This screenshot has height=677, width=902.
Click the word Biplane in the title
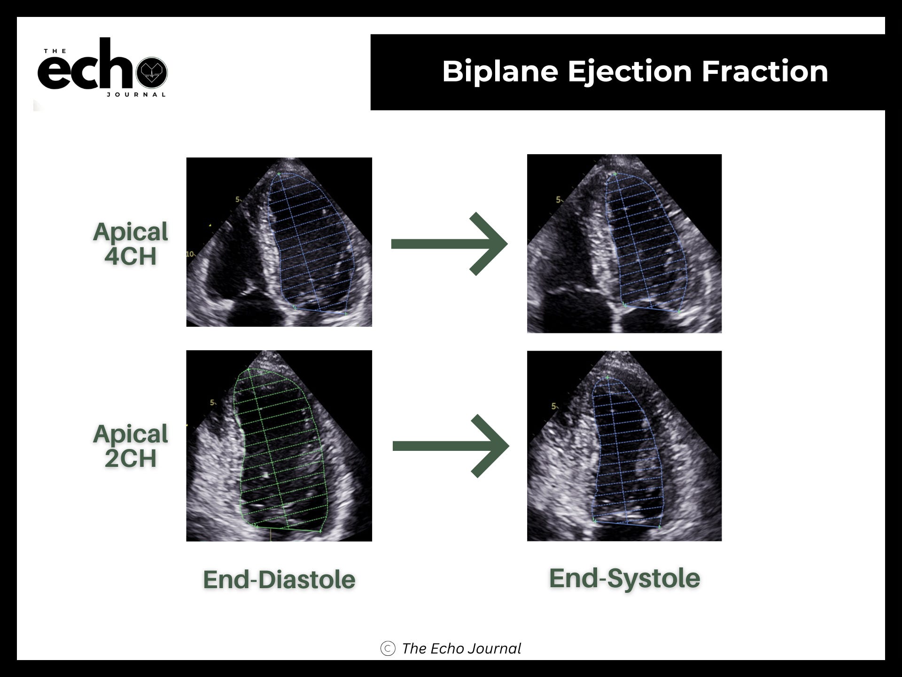pos(500,72)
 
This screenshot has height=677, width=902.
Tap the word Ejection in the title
pos(629,72)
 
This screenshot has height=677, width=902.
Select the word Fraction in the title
pos(764,71)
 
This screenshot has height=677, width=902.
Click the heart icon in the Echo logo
pos(152,72)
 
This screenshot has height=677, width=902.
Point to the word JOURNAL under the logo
pos(136,94)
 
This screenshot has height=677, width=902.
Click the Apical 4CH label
pos(130,244)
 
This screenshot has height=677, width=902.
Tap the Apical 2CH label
pos(130,446)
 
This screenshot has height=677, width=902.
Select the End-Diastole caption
pos(279,579)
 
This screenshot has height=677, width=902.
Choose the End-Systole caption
pos(624,578)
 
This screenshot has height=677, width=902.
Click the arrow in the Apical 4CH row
pos(449,244)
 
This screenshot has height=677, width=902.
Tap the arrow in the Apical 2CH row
pos(451,446)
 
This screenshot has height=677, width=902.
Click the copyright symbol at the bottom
pos(388,648)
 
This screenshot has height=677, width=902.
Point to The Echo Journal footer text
pos(461,648)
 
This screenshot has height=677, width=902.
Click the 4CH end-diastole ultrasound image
pos(279,242)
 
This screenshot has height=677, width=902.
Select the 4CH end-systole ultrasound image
pos(624,244)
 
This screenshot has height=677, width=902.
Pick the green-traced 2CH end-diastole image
pos(279,446)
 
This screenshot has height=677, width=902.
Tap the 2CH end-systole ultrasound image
pos(624,446)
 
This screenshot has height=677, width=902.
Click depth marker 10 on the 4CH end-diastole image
pos(190,254)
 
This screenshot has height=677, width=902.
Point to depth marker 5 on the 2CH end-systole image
pos(554,406)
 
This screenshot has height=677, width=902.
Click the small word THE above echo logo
pos(55,51)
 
